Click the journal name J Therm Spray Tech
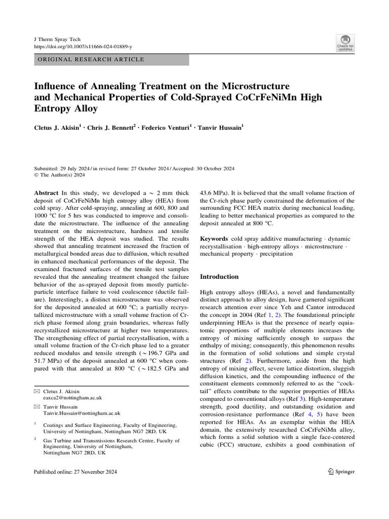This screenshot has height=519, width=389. pyautogui.click(x=57, y=40)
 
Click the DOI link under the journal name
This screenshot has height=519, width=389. pyautogui.click(x=83, y=47)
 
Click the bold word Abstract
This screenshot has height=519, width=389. pyautogui.click(x=46, y=193)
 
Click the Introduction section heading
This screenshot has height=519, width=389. pyautogui.click(x=219, y=277)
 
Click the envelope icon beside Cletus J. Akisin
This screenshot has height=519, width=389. pyautogui.click(x=36, y=392)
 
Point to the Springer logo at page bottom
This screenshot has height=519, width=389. pyautogui.click(x=341, y=471)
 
